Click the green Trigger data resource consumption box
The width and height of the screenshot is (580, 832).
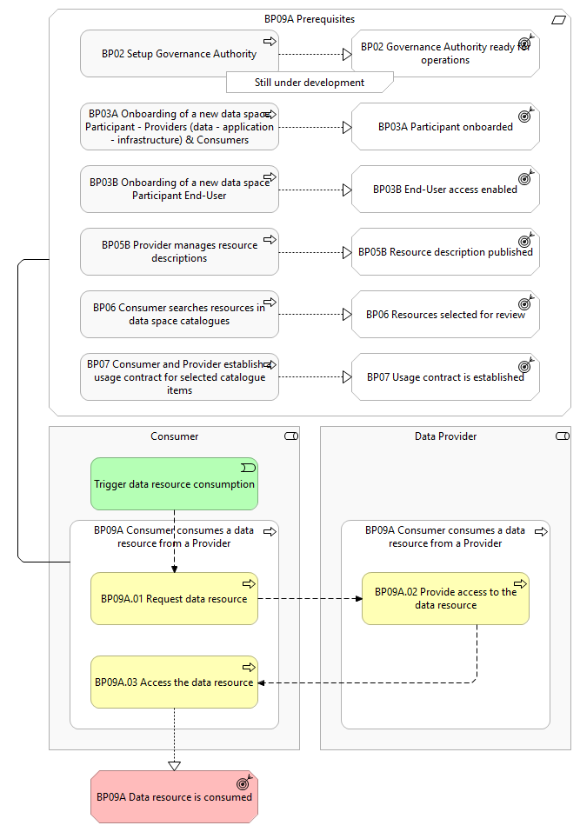tap(174, 483)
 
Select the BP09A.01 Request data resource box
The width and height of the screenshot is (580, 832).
tap(174, 598)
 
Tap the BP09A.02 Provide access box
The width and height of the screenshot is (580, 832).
tap(445, 598)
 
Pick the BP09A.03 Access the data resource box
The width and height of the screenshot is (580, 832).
tap(174, 682)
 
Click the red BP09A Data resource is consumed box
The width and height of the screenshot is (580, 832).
tap(174, 796)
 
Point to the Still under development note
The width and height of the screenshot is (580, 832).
tap(310, 83)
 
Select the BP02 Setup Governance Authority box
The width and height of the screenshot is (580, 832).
tap(179, 54)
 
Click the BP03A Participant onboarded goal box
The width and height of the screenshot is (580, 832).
tap(445, 127)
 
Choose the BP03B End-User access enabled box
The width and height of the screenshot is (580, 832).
tap(445, 190)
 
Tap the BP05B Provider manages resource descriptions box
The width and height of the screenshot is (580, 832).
tap(179, 252)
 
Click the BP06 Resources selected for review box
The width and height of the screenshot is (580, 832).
tap(445, 315)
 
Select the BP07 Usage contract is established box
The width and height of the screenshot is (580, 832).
tap(445, 377)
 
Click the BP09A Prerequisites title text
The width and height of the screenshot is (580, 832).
tap(310, 19)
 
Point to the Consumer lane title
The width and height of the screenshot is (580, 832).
tap(174, 436)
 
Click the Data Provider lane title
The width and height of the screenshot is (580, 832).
tap(445, 436)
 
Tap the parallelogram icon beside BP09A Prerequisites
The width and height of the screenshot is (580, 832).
tap(558, 20)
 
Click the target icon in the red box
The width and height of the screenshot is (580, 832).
tap(244, 782)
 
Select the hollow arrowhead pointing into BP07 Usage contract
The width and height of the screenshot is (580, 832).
tap(347, 377)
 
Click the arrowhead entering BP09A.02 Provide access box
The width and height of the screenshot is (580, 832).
tap(359, 598)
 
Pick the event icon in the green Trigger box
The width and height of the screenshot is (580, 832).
tap(249, 468)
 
